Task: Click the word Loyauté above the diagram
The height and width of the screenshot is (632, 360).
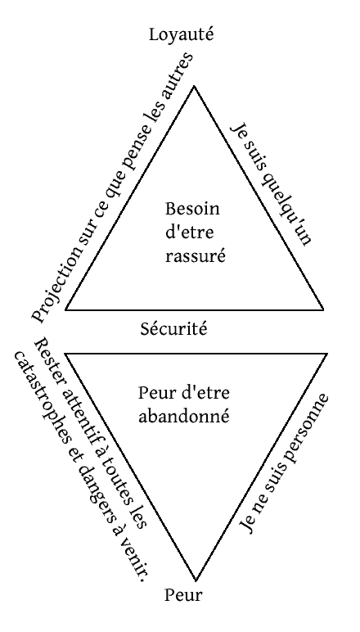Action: coord(181,34)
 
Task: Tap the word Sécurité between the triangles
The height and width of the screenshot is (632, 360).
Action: coord(174,329)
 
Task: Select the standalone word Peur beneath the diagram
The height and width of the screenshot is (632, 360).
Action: coord(183,595)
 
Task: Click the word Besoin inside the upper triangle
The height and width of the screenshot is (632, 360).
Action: coord(193,210)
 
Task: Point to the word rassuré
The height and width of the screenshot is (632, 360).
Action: coord(195,256)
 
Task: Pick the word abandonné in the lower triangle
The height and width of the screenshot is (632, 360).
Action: coord(183,416)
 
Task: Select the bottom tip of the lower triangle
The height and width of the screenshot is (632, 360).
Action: coord(196,580)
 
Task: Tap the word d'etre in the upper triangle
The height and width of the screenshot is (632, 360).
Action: coord(189,232)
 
